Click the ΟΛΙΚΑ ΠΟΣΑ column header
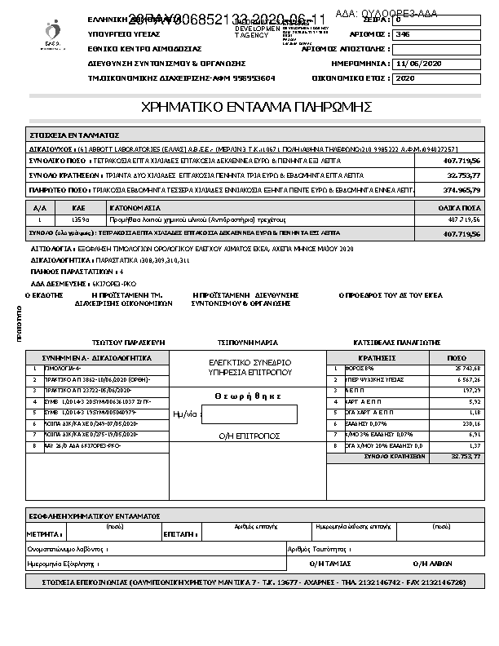[461, 208]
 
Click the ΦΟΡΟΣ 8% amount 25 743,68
[465, 369]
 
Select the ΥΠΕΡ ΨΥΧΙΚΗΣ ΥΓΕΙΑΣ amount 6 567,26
[465, 379]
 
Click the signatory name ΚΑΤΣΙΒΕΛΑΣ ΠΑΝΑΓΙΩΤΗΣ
[396, 342]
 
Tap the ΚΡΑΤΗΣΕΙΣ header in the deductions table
[377, 357]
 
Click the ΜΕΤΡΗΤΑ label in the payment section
[44, 533]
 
